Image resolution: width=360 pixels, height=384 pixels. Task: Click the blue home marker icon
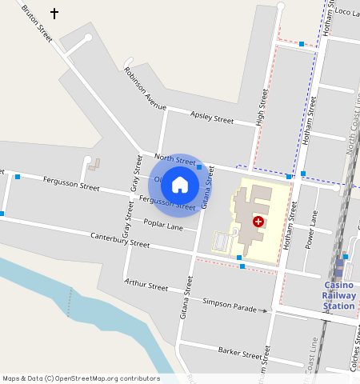coord(180,186)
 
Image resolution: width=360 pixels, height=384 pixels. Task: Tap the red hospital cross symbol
coord(258,221)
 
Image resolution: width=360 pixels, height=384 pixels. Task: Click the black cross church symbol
coord(54,14)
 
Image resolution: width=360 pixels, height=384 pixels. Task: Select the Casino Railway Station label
coord(339,296)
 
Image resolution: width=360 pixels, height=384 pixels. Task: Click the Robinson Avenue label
coord(145,88)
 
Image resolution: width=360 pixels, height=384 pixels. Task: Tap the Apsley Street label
coord(212,119)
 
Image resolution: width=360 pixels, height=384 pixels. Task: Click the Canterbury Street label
coord(120,240)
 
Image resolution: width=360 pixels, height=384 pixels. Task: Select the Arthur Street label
coord(146,285)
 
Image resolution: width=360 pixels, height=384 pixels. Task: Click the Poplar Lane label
coord(163,224)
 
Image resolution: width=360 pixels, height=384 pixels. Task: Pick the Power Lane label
coord(313,229)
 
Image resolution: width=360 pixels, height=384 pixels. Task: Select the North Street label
coord(175,161)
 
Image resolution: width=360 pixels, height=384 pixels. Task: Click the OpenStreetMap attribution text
coord(81,378)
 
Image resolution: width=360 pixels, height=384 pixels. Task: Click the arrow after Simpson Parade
coord(263,310)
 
